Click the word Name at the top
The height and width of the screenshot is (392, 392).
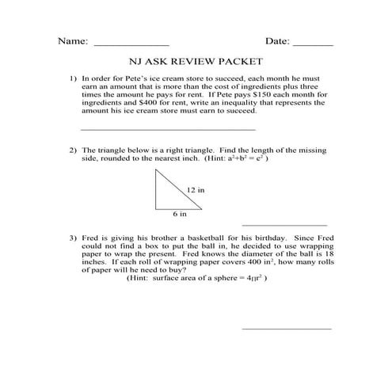point(72,40)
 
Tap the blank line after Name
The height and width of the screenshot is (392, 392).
point(131,44)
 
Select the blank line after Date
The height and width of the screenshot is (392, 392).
point(314,44)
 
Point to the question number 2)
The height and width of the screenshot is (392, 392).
point(73,150)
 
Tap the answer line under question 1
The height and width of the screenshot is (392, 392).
point(169,128)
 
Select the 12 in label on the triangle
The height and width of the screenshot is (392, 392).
point(196,190)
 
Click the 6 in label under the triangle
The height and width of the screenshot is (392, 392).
point(180,214)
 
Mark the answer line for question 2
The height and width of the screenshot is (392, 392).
point(284,224)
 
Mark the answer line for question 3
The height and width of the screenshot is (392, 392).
point(286,328)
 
